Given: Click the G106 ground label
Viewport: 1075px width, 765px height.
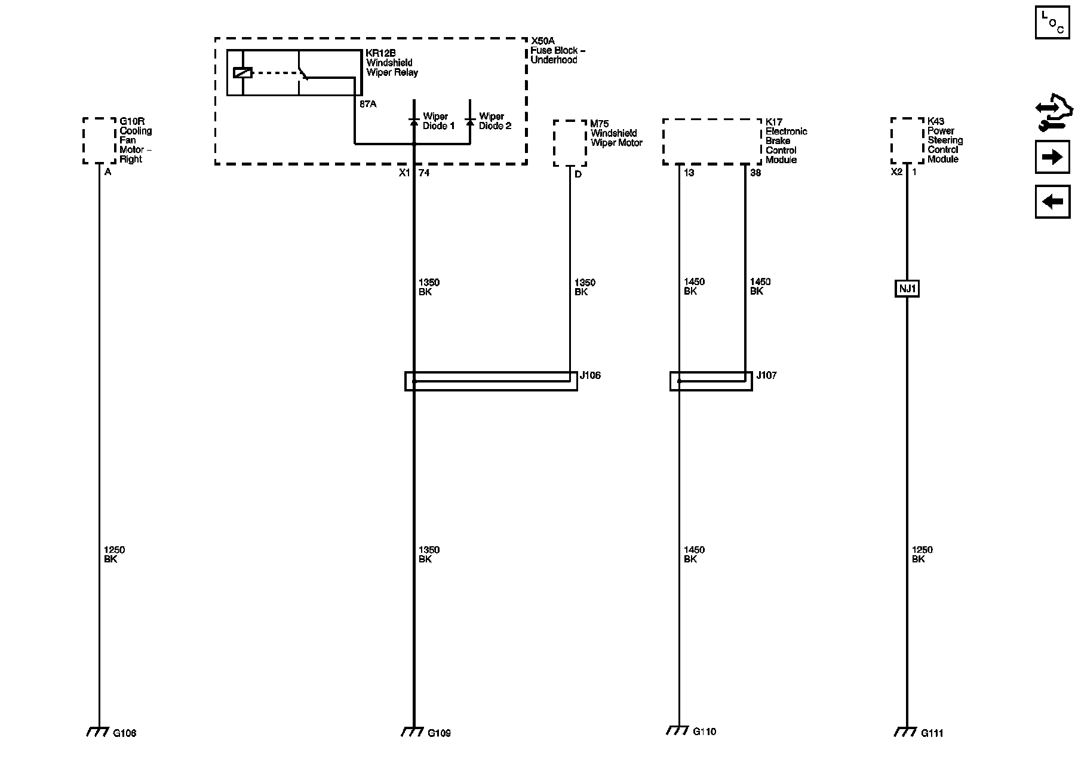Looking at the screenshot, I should click(124, 733).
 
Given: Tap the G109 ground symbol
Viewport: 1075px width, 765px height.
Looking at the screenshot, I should click(411, 732).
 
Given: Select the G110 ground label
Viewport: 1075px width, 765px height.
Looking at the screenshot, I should click(704, 731).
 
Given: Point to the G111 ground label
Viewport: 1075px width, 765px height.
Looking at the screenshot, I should click(932, 733).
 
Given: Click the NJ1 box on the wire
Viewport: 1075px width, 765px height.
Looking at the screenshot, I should click(907, 289).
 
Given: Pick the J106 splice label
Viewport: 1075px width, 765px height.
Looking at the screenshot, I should click(590, 375).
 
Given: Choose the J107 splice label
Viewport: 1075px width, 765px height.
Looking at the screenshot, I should click(766, 375).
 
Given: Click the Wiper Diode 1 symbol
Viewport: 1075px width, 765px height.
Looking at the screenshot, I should click(413, 121).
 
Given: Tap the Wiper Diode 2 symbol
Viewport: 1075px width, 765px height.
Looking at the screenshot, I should click(470, 121).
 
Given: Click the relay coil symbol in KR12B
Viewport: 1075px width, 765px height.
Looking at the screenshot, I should click(242, 73).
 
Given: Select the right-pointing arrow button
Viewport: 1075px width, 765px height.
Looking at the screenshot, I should click(1052, 157).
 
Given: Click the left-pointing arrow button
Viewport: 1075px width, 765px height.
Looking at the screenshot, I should click(1052, 201).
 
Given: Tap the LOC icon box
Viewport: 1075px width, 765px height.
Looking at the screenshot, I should click(1052, 22).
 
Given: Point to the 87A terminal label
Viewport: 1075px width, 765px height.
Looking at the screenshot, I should click(368, 104).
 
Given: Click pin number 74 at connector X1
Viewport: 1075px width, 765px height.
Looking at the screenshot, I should click(423, 173).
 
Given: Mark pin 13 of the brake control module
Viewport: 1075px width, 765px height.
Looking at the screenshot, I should click(689, 173).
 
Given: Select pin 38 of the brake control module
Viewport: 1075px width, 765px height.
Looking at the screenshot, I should click(755, 173).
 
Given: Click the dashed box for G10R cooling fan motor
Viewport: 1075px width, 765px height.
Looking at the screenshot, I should click(99, 140).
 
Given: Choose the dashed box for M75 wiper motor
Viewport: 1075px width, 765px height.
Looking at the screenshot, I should click(570, 143).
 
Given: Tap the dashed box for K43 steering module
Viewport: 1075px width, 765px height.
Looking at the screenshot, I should click(907, 140).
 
